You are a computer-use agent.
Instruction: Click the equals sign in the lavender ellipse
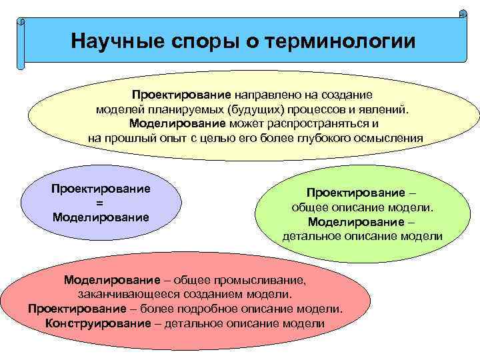point(100,203)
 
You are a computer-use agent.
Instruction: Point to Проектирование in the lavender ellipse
point(101,189)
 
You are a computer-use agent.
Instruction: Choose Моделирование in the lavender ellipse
point(101,217)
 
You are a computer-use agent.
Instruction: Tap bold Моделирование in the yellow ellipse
point(177,123)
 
